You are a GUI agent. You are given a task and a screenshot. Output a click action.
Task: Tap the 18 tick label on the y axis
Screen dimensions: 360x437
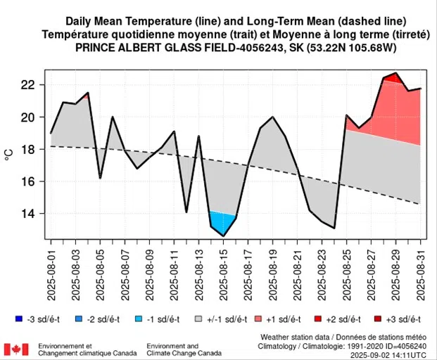tap(29, 149)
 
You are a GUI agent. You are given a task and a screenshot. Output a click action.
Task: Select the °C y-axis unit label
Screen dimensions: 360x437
tap(10, 149)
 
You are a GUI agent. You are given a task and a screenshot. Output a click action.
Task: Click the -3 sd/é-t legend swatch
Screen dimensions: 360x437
tap(15, 319)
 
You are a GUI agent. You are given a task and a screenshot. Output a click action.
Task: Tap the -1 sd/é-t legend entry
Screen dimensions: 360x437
tap(167, 319)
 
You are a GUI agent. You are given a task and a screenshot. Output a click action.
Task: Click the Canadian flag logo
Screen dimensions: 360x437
tap(16, 349)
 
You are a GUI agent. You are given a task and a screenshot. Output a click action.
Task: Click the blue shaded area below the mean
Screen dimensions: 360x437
tap(222, 224)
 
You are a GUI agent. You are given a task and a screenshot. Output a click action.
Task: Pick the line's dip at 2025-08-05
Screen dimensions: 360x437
tap(101, 178)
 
